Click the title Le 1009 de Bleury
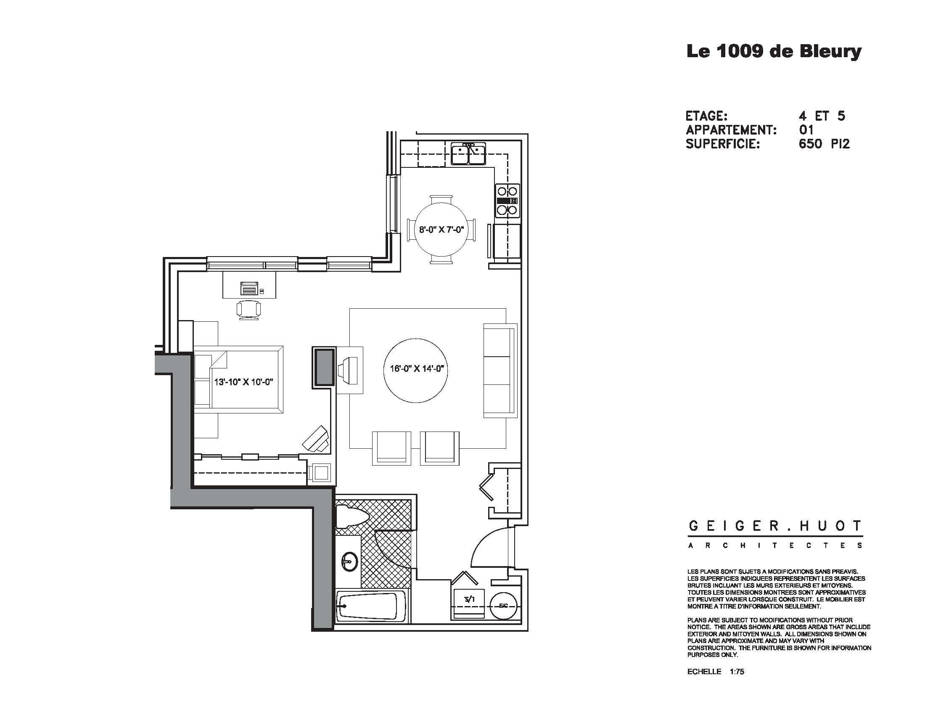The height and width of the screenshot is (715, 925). pyautogui.click(x=773, y=52)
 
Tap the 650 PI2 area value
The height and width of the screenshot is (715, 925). pyautogui.click(x=824, y=144)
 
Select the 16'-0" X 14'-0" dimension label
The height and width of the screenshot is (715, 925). pyautogui.click(x=416, y=369)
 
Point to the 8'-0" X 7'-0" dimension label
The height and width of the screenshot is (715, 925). pyautogui.click(x=441, y=230)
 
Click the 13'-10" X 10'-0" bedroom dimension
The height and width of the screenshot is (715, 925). pyautogui.click(x=243, y=382)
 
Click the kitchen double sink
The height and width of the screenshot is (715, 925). pyautogui.click(x=468, y=154)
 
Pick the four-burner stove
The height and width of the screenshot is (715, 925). pyautogui.click(x=507, y=200)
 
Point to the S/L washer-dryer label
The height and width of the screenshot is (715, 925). pyautogui.click(x=469, y=599)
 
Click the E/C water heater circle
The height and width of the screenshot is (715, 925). pyautogui.click(x=503, y=606)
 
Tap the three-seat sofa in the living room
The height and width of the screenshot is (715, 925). pyautogui.click(x=500, y=371)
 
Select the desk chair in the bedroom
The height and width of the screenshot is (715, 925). pyautogui.click(x=248, y=310)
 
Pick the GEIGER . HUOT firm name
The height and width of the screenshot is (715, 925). pyautogui.click(x=774, y=527)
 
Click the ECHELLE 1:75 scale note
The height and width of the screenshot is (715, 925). pyautogui.click(x=715, y=672)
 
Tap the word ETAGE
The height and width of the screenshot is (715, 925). pyautogui.click(x=706, y=116)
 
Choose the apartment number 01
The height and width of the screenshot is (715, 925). pyautogui.click(x=806, y=130)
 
